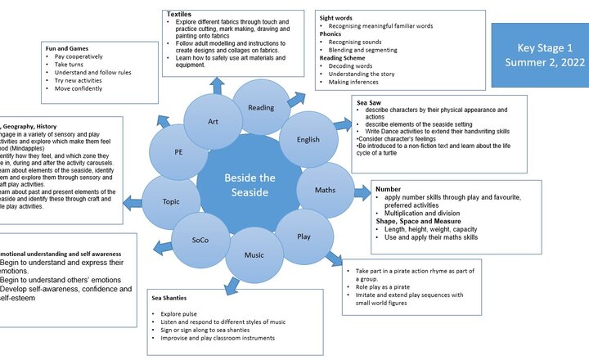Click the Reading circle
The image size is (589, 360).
(261, 108)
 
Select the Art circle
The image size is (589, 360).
(213, 122)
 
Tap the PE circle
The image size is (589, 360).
(178, 152)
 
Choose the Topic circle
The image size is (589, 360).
(171, 200)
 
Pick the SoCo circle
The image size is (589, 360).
(200, 241)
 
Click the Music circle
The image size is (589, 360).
(254, 254)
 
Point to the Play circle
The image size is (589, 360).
(303, 236)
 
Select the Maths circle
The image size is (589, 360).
(325, 191)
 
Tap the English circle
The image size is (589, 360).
(308, 140)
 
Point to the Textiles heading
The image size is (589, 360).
(180, 15)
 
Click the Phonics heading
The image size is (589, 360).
(330, 34)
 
